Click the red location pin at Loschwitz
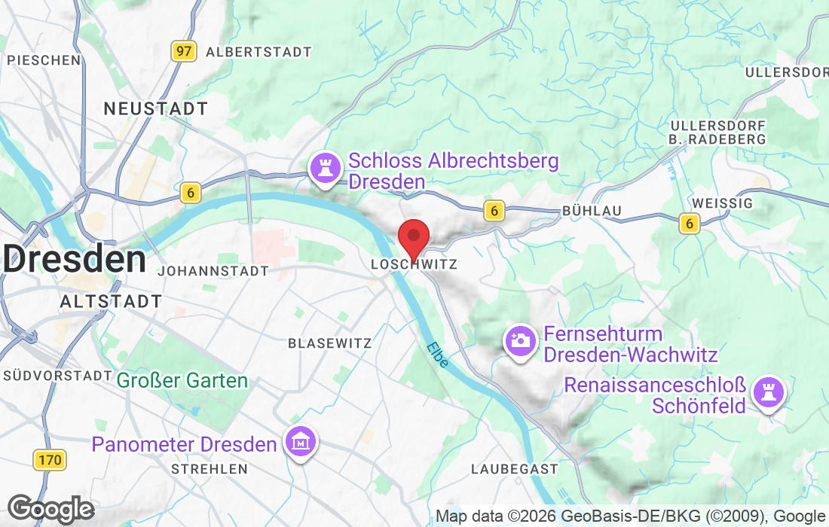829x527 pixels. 414,237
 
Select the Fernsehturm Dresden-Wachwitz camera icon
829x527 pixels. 519,340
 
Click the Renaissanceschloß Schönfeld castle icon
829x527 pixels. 770,393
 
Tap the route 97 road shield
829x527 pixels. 183,51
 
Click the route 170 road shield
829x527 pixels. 50,458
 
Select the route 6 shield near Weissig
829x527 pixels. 688,223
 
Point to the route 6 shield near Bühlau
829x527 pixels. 494,211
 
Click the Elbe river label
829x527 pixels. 437,355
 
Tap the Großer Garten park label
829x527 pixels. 182,380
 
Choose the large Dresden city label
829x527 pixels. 74,260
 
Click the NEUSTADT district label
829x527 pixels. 155,108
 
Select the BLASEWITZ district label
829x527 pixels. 330,343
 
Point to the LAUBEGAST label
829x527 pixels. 515,469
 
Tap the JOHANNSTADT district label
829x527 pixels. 214,271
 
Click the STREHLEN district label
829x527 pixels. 210,469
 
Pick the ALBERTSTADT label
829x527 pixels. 258,52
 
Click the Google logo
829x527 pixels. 50,509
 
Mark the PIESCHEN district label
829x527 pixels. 44,60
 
